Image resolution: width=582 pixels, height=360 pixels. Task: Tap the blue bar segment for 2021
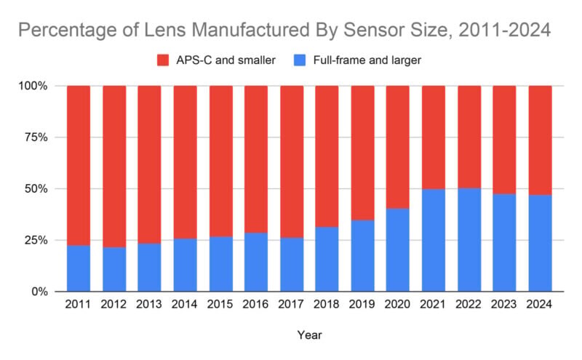434,240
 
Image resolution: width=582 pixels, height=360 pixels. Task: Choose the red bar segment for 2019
362,153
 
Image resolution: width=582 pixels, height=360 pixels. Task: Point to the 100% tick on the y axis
33,86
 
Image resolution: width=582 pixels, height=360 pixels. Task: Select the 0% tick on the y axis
39,292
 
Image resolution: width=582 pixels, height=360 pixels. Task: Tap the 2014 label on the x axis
186,306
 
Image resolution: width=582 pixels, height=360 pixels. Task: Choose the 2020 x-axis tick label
398,306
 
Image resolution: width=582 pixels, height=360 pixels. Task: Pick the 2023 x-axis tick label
504,306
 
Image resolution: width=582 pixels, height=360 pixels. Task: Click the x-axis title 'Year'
309,335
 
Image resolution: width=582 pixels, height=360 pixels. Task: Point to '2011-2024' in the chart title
498,31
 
